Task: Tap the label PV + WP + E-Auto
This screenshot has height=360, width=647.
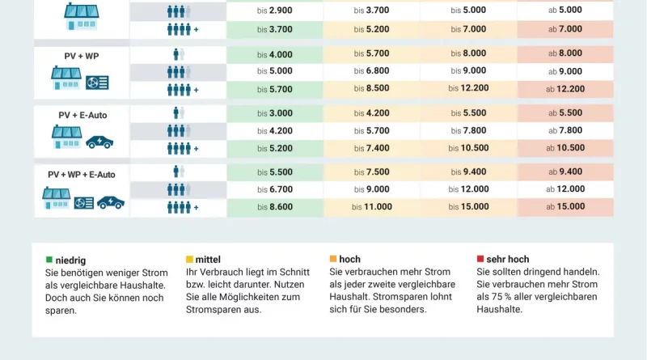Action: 82,174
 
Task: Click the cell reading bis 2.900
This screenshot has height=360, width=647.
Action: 274,11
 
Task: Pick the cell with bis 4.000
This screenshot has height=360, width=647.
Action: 274,54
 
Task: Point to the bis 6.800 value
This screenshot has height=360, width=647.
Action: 372,71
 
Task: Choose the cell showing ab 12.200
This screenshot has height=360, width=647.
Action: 565,89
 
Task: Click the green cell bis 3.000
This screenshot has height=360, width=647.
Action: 274,113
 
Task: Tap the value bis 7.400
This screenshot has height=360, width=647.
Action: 372,148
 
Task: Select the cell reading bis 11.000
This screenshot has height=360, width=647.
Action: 372,207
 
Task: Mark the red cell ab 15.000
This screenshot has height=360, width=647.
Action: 565,207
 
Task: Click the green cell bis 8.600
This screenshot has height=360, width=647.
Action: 274,207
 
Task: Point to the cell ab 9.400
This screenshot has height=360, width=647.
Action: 565,172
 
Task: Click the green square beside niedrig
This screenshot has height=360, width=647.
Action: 49,260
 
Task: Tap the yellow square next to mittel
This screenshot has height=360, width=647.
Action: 189,260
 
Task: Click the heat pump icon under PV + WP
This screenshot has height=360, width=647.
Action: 97,83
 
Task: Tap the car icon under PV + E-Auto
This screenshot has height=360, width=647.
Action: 99,142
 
